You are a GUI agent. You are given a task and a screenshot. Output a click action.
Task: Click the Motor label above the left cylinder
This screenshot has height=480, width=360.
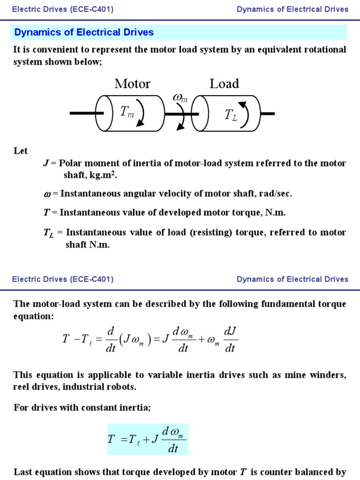pos(132,84)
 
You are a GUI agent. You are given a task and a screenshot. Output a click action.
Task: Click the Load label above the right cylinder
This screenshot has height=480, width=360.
pos(224,84)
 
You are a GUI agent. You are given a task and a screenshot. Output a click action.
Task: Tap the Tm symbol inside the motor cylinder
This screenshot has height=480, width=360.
pos(127,112)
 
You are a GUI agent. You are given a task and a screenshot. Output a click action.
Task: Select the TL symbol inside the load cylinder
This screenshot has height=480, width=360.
pos(231,115)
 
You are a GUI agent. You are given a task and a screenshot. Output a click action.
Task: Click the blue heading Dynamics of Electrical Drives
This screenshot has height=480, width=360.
pos(84,32)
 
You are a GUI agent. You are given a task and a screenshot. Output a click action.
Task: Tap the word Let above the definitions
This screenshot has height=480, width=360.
pos(21,151)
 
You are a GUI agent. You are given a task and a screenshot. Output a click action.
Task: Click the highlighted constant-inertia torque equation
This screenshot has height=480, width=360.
pos(148,439)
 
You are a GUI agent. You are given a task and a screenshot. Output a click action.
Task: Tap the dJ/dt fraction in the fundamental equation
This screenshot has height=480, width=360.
pos(229,340)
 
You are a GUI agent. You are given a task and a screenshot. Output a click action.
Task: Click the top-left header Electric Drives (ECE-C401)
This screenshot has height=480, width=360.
pos(63,9)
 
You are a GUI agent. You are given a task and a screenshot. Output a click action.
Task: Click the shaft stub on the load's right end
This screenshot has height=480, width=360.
pos(268,113)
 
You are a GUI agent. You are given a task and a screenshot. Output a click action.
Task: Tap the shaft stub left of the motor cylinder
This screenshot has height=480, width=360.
pos(82,113)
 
